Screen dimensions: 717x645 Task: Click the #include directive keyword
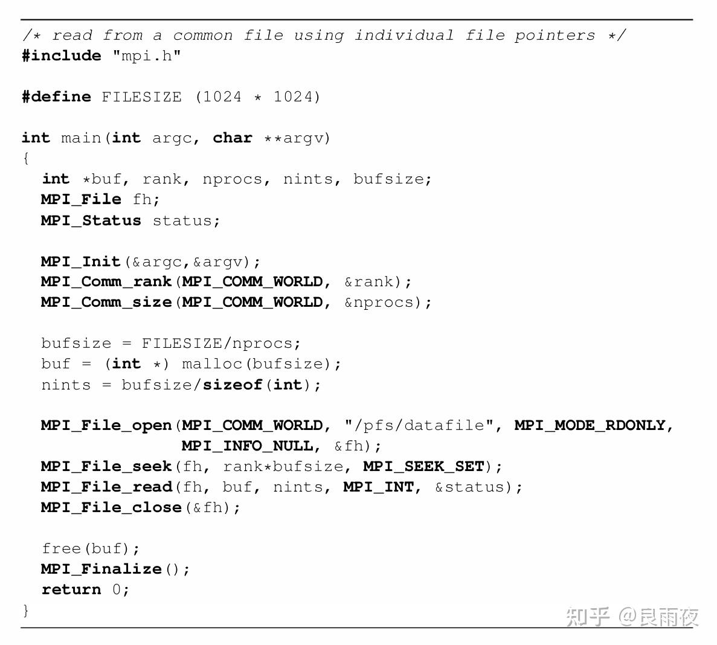pyautogui.click(x=62, y=56)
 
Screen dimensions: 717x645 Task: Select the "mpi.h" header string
pyautogui.click(x=147, y=56)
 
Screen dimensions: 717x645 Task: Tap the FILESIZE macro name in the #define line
pyautogui.click(x=142, y=97)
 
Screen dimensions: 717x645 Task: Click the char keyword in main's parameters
pyautogui.click(x=233, y=138)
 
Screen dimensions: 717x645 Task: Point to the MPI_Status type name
pyautogui.click(x=91, y=220)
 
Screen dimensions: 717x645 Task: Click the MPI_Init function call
pyautogui.click(x=80, y=262)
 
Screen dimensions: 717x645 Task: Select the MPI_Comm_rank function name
pyautogui.click(x=106, y=281)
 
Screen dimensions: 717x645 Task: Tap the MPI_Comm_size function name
pyautogui.click(x=106, y=302)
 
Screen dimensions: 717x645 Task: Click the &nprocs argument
pyautogui.click(x=379, y=303)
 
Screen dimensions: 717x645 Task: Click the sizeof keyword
pyautogui.click(x=233, y=385)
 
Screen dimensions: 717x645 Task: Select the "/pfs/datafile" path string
pyautogui.click(x=419, y=426)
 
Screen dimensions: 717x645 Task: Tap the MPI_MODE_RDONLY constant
pyautogui.click(x=590, y=426)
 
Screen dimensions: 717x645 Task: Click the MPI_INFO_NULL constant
pyautogui.click(x=248, y=446)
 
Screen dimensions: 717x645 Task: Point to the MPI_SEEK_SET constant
pyautogui.click(x=424, y=466)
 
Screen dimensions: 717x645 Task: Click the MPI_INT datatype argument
pyautogui.click(x=379, y=487)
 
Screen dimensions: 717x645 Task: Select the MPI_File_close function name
pyautogui.click(x=111, y=507)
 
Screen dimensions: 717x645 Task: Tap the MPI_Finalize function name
pyautogui.click(x=101, y=569)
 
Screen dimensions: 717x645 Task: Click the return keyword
pyautogui.click(x=71, y=589)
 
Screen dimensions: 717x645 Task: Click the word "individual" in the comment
pyautogui.click(x=404, y=35)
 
